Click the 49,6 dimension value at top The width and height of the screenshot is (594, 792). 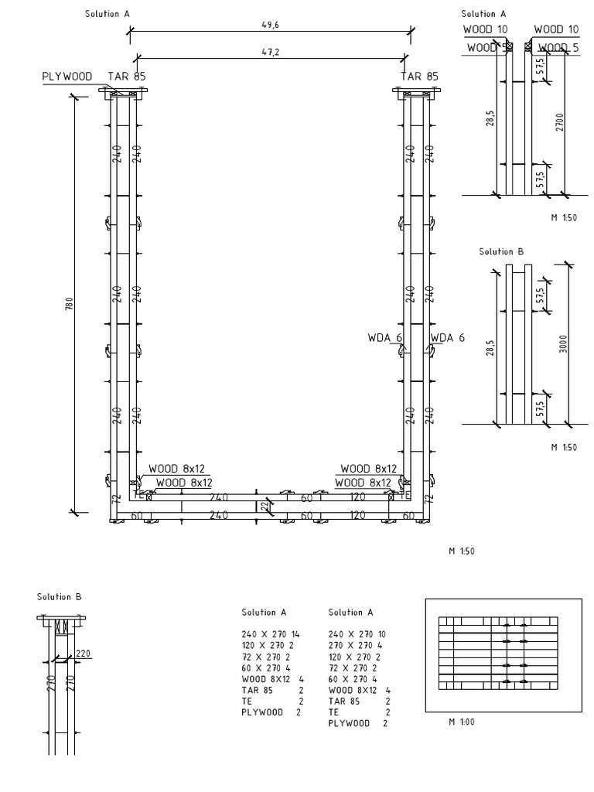click(x=270, y=25)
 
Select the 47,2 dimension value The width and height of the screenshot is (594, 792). click(x=270, y=51)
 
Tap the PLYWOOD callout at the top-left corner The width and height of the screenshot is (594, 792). click(x=67, y=77)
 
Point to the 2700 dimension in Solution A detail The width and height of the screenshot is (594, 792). click(x=558, y=123)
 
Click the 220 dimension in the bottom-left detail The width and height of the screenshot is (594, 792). click(x=84, y=653)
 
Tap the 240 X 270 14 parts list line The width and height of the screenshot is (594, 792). click(x=271, y=633)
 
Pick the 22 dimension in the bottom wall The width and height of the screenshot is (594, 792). click(x=263, y=505)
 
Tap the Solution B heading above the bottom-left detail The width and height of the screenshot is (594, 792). click(x=59, y=596)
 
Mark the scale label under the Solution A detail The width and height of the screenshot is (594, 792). click(x=565, y=217)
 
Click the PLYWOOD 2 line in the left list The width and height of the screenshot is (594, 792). click(x=271, y=711)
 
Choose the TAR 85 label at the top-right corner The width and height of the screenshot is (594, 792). click(x=419, y=77)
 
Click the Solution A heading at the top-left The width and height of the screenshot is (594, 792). click(x=107, y=14)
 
